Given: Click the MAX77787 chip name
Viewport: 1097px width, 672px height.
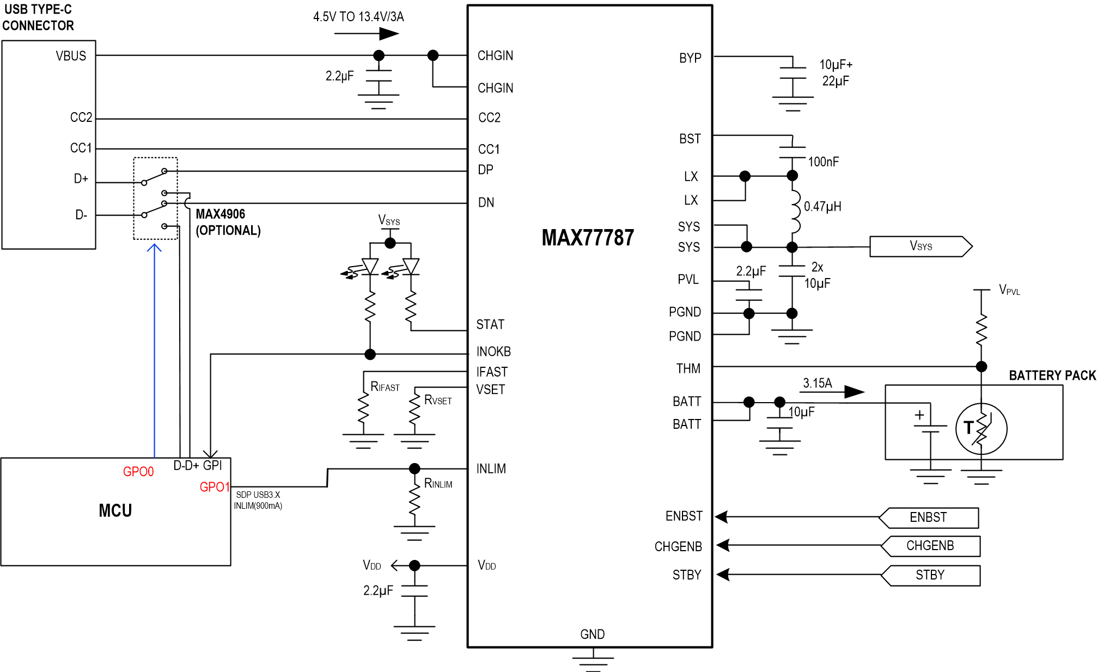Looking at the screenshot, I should click(x=588, y=238).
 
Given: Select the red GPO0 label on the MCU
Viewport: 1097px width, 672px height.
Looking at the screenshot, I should click(x=138, y=472).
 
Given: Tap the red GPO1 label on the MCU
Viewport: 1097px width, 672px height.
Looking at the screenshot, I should click(x=214, y=487).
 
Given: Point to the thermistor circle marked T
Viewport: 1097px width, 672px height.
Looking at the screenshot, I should click(x=981, y=429).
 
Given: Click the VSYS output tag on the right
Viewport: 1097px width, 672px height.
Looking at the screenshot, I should click(x=921, y=246).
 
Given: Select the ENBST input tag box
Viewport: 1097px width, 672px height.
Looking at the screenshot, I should click(x=929, y=517).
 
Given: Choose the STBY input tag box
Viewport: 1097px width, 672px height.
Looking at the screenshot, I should click(x=930, y=575).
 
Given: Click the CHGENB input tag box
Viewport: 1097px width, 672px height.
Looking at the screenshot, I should click(x=930, y=546).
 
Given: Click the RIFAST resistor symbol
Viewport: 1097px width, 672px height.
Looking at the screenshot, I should click(x=363, y=408).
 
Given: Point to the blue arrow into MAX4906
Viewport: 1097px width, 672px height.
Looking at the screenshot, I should click(x=155, y=348).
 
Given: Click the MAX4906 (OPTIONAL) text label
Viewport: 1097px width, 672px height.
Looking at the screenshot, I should click(x=228, y=222).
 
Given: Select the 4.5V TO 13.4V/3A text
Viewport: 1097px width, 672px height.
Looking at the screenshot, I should click(x=358, y=17).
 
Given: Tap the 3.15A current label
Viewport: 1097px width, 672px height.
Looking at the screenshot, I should click(x=817, y=383).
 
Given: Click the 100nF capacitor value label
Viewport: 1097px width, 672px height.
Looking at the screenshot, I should click(x=823, y=162).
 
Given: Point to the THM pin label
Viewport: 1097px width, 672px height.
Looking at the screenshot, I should click(x=688, y=369).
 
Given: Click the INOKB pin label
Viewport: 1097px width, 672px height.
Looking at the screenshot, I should click(x=493, y=352).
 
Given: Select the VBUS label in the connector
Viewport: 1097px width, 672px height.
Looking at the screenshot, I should click(x=71, y=56).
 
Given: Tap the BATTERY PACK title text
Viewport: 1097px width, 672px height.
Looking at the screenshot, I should click(x=1052, y=375).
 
